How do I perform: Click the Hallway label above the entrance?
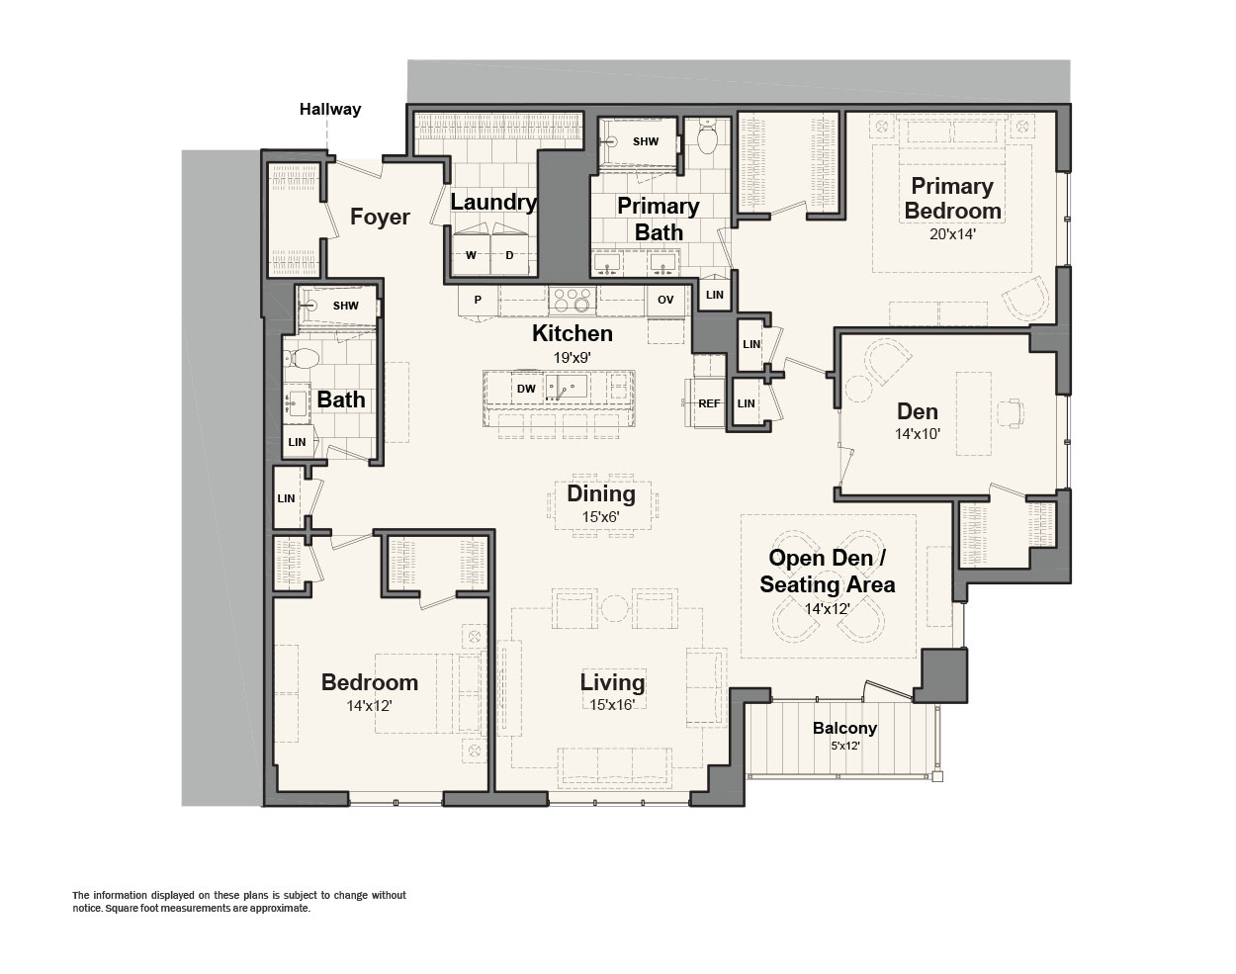coord(330,109)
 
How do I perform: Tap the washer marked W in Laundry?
coord(471,255)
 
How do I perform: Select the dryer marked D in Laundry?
coord(509,255)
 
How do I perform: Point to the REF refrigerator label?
coord(709,403)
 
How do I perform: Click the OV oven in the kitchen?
coord(665,300)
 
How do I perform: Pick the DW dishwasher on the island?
coord(526,389)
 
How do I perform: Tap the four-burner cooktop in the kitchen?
coord(572,301)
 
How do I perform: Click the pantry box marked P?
coord(478,300)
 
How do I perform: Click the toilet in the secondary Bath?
coord(303,359)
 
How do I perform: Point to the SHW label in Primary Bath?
coord(646,141)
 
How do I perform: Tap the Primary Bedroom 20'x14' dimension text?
coord(953,234)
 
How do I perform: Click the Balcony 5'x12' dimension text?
coord(844,746)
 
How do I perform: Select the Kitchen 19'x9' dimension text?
coord(573,358)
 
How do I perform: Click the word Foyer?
coord(380,218)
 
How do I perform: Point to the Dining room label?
coord(601,493)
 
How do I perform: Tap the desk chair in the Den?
coord(1011,412)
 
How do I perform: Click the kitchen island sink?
coord(566,386)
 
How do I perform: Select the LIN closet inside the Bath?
coord(297,442)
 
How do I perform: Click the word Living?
coord(612,683)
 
